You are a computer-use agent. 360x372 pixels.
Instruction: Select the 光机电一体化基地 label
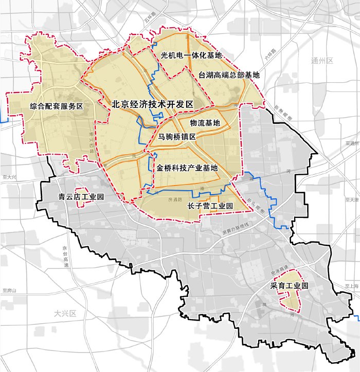tap(191, 55)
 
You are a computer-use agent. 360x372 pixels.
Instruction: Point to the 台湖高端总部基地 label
tap(229, 75)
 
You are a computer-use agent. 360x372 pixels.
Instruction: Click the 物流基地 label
tap(205, 123)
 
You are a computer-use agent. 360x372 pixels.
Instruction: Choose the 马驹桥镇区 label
tap(177, 137)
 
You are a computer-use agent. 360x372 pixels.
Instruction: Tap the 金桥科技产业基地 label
tap(187, 168)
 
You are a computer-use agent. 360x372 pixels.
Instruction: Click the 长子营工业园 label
tap(210, 206)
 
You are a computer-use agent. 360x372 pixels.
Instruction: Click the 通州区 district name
tap(322, 61)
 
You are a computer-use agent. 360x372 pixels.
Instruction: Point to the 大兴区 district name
tap(65, 313)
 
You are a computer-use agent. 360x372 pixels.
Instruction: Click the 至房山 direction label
tap(10, 291)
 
